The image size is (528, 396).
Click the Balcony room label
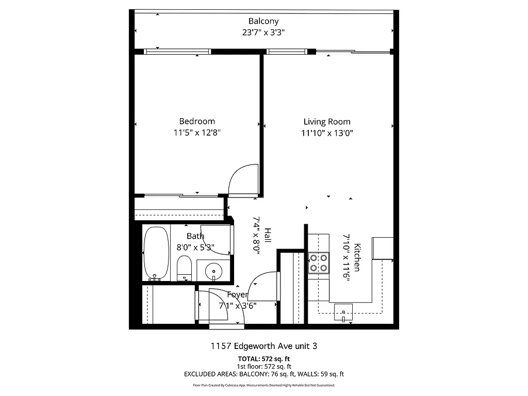pyautogui.click(x=263, y=21)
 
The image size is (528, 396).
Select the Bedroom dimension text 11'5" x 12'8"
pyautogui.click(x=197, y=133)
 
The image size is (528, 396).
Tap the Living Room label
pyautogui.click(x=326, y=122)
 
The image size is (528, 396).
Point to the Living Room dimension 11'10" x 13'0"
pyautogui.click(x=327, y=133)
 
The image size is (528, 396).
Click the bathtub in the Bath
pyautogui.click(x=156, y=253)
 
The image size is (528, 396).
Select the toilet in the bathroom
pyautogui.click(x=184, y=269)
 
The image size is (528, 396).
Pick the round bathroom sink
pyautogui.click(x=213, y=270)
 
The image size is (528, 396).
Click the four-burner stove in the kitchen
pyautogui.click(x=318, y=262)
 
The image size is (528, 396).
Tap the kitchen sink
pyautogui.click(x=343, y=312)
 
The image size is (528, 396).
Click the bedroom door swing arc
pyautogui.click(x=240, y=181)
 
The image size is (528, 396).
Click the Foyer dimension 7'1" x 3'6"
pyautogui.click(x=238, y=305)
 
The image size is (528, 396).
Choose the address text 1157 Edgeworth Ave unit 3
pyautogui.click(x=264, y=346)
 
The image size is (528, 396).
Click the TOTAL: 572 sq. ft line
pyautogui.click(x=264, y=359)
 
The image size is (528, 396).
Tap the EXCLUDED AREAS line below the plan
pyautogui.click(x=264, y=374)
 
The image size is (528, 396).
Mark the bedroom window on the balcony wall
pyautogui.click(x=177, y=51)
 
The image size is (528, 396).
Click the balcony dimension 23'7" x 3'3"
pyautogui.click(x=263, y=32)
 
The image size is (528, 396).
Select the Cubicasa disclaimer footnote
pyautogui.click(x=264, y=385)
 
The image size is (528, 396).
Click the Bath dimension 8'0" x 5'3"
pyautogui.click(x=195, y=247)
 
